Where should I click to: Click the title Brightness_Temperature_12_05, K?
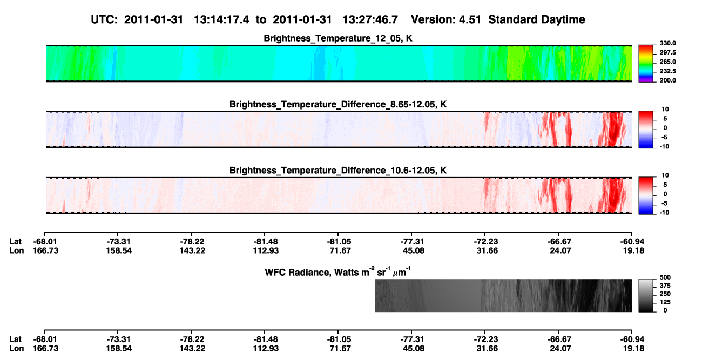click(338, 38)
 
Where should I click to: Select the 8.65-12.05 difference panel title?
click(338, 104)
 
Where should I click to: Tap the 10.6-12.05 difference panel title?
click(338, 171)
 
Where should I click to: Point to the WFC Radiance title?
click(338, 272)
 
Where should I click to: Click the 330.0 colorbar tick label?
click(667, 43)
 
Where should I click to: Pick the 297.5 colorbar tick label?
click(667, 53)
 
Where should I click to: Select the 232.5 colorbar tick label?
click(667, 71)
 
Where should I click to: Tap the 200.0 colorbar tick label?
click(667, 80)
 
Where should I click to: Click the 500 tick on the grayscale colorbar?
click(665, 277)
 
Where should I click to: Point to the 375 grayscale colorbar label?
click(665, 286)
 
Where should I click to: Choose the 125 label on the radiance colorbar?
click(665, 302)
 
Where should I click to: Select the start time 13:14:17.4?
click(221, 20)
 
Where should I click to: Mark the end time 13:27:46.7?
click(370, 20)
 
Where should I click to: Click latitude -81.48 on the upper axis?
click(266, 242)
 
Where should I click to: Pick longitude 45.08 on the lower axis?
click(414, 349)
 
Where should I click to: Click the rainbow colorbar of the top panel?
click(646, 64)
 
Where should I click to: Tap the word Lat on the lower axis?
click(15, 339)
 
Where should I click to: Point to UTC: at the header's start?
click(104, 20)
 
